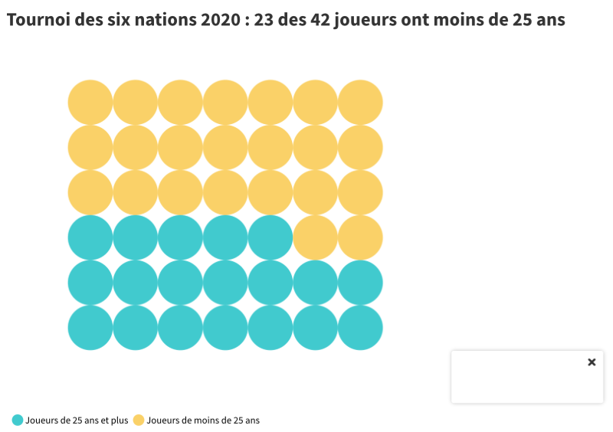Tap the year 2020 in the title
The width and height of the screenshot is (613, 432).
point(218,20)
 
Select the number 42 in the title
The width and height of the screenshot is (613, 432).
point(322,20)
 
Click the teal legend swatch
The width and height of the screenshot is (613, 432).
point(18,420)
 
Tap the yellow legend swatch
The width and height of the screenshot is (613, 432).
point(139,420)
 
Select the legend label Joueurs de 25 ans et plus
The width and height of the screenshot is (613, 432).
point(77,420)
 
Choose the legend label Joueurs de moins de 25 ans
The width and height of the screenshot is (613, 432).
point(203,420)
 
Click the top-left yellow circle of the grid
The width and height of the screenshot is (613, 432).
point(90,102)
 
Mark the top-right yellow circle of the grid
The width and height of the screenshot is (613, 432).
point(360,102)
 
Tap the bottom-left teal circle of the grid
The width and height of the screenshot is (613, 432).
point(90,328)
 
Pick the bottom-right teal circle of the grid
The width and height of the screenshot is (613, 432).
point(360,328)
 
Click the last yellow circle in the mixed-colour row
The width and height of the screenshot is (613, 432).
point(360,237)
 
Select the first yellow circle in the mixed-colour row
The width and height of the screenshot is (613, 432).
point(315,237)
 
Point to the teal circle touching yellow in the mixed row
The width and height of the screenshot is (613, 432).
point(270,237)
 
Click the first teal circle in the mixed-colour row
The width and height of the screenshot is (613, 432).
point(90,237)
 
